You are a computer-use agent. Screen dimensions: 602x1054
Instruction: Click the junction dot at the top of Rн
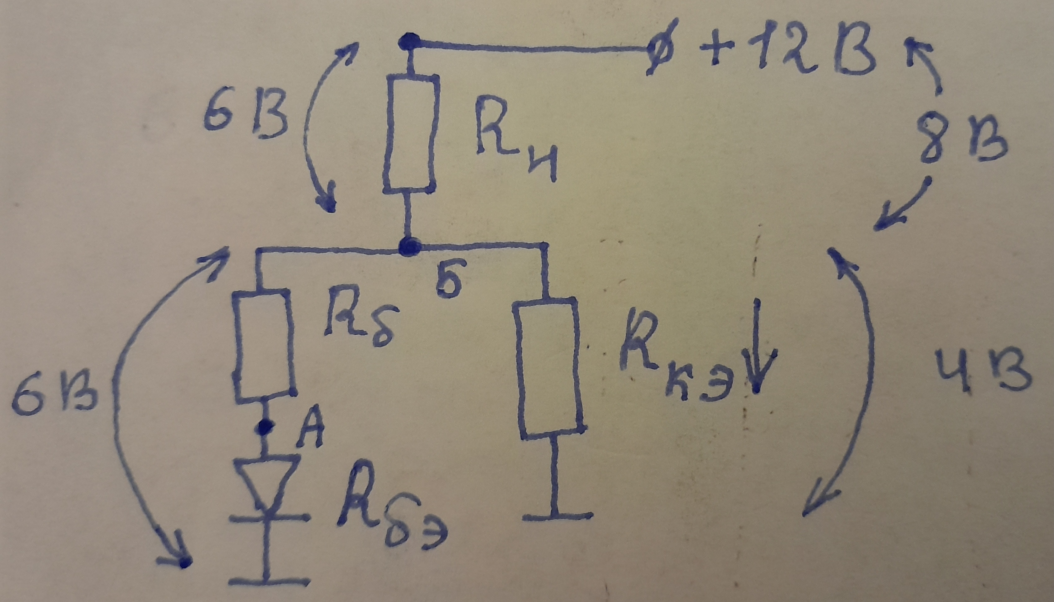pyautogui.click(x=409, y=41)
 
